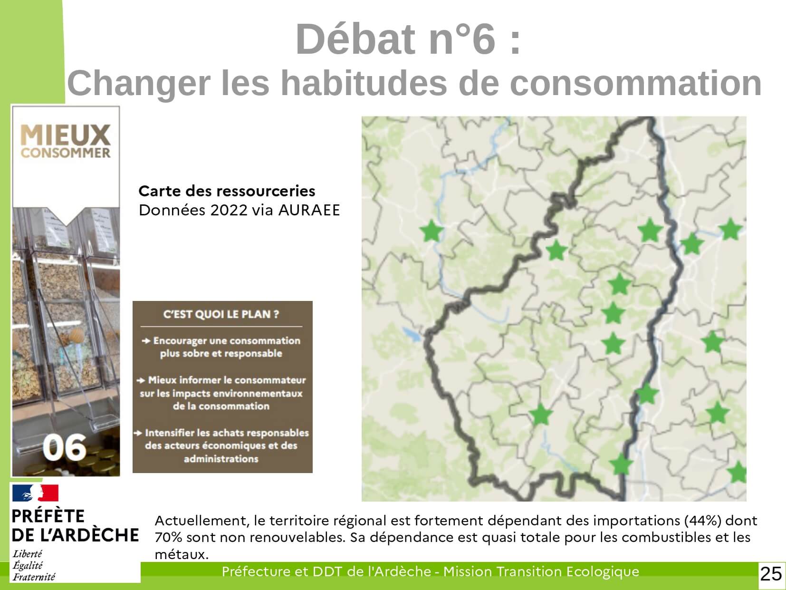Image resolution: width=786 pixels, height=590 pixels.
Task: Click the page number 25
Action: (x=771, y=574)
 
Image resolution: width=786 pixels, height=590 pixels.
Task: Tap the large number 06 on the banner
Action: (x=65, y=447)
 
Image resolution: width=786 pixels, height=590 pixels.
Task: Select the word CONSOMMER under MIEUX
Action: (x=66, y=153)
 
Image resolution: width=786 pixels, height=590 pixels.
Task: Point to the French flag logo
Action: (x=35, y=493)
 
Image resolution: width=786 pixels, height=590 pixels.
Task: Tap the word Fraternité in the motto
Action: (x=34, y=577)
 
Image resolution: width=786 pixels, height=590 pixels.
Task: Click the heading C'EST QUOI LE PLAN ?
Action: (x=221, y=314)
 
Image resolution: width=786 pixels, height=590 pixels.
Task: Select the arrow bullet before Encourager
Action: (x=146, y=341)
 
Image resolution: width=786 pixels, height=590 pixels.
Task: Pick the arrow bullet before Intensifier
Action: (x=138, y=433)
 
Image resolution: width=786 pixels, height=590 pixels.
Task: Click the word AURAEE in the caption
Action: (x=309, y=210)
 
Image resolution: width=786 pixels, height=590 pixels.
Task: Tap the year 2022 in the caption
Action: (x=229, y=210)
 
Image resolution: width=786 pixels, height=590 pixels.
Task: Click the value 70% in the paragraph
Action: (x=168, y=537)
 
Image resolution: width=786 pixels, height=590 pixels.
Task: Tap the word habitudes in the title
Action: (x=364, y=83)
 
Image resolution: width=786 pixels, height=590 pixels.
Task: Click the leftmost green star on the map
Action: (x=431, y=231)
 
